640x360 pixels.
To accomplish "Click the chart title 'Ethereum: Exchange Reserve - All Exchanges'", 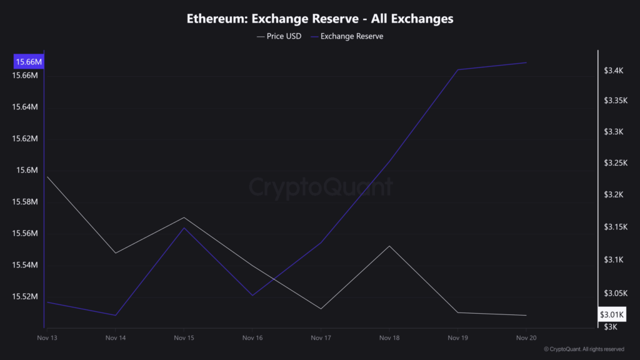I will tap(320, 18).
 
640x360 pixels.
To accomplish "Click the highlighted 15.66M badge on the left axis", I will tap(28, 62).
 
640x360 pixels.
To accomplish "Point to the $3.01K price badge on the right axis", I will tap(612, 314).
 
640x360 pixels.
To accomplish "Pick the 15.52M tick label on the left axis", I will tap(26, 297).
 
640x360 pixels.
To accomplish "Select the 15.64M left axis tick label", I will tap(26, 107).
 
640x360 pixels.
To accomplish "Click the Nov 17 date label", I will tap(321, 338).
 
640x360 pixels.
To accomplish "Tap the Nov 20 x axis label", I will tap(526, 338).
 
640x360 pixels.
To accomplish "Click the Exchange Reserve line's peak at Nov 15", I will tap(184, 228).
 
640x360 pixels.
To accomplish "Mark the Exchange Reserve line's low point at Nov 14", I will tap(116, 315).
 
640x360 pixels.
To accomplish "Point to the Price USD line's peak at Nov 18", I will tap(389, 246).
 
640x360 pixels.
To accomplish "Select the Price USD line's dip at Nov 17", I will tap(321, 309).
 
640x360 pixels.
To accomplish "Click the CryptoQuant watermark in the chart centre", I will tap(321, 187).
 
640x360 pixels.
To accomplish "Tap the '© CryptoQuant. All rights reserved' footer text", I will tap(584, 349).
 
